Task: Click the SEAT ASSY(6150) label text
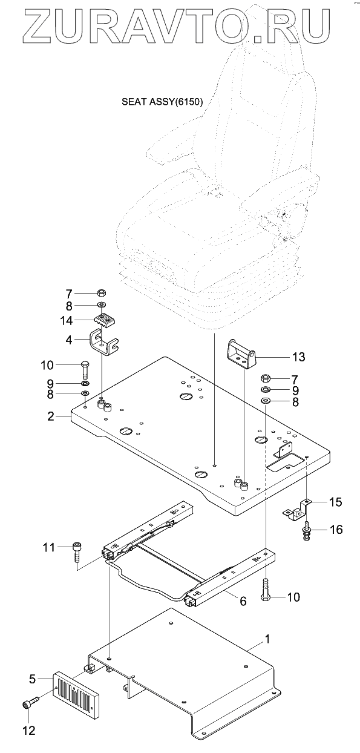[162, 102]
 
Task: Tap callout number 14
[66, 320]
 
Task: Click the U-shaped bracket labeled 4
[105, 342]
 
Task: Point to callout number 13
[298, 357]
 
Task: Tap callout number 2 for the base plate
[51, 416]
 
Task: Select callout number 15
[335, 502]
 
